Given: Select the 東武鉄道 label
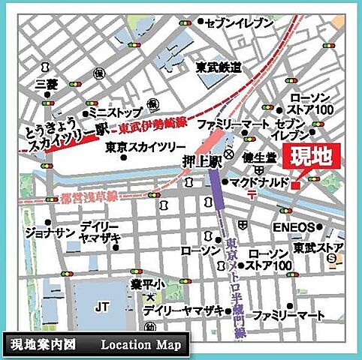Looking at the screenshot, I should (x=219, y=67).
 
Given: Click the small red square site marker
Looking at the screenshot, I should (x=297, y=184).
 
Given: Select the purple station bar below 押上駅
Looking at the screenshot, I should (x=216, y=187).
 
